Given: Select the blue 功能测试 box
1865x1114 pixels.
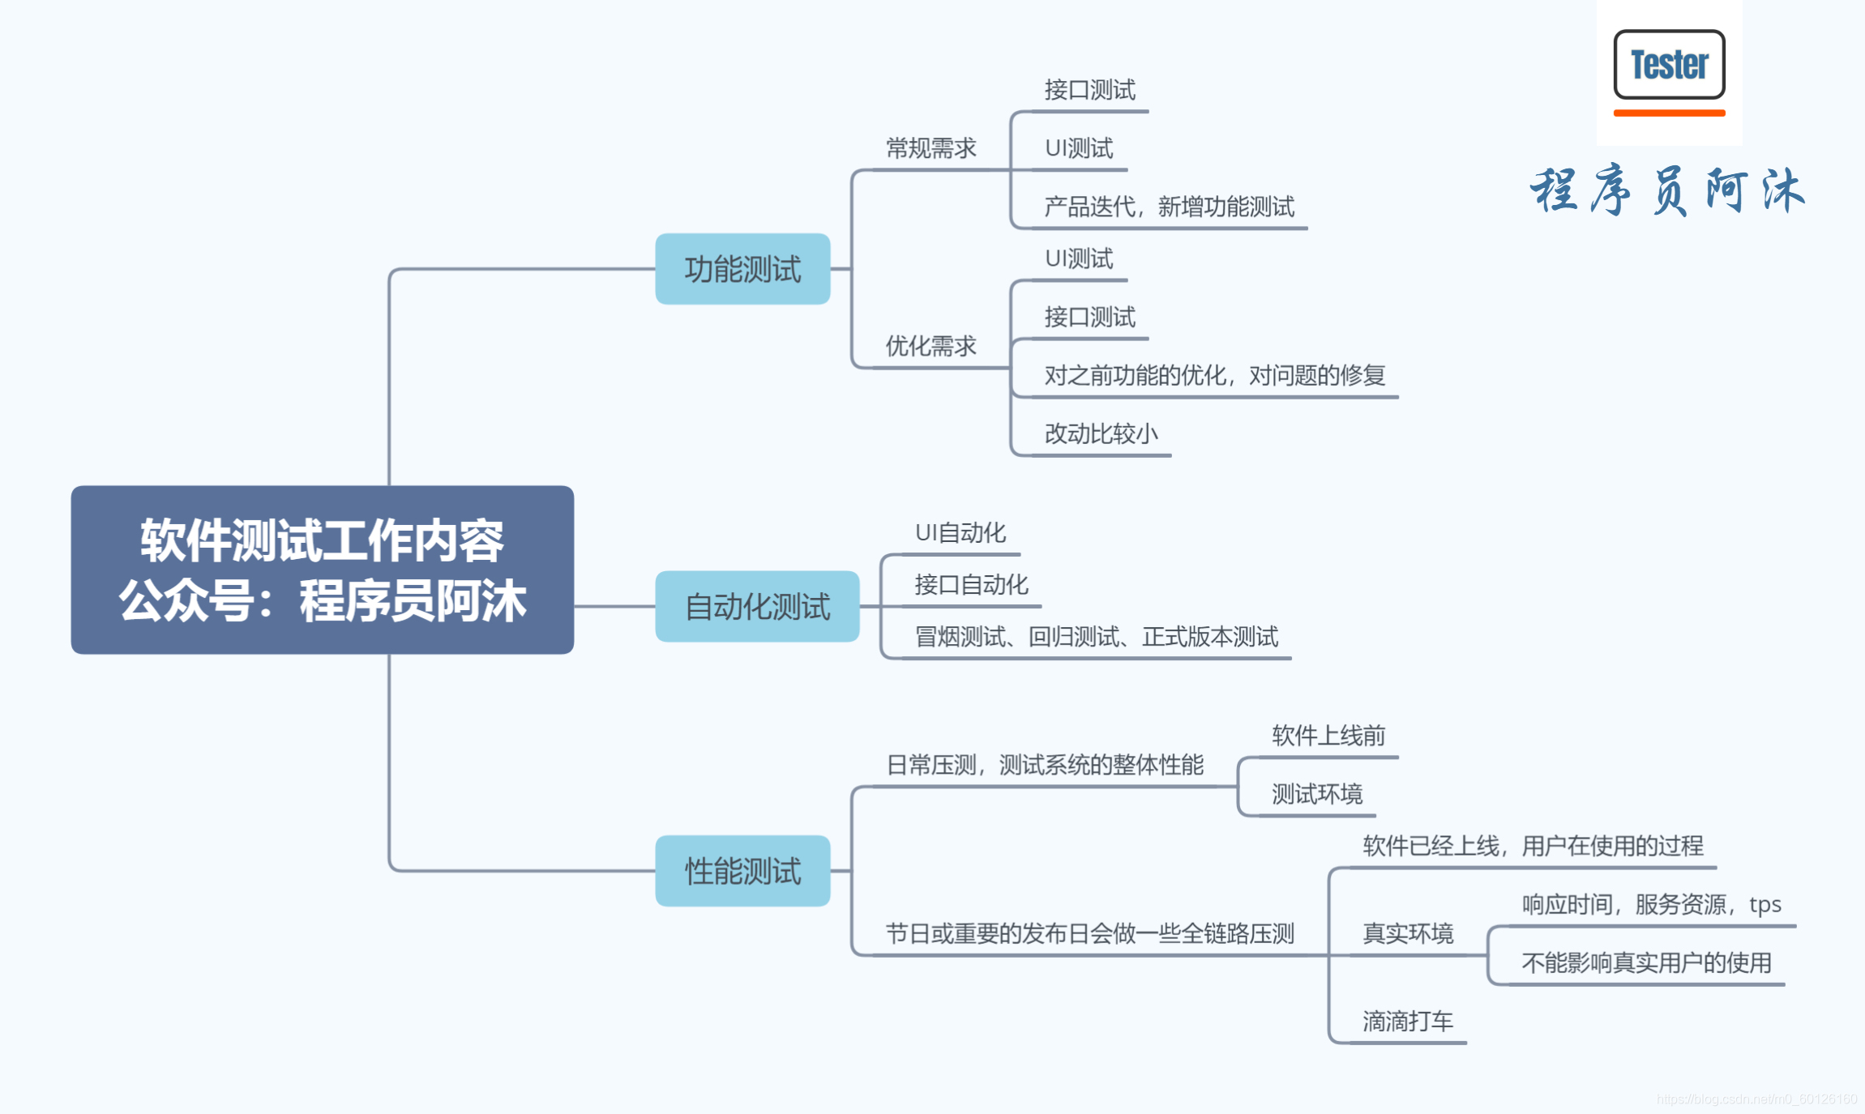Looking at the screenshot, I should point(742,269).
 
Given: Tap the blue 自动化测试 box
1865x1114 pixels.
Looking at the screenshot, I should point(757,606).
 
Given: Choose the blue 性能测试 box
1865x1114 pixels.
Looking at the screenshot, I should point(742,871).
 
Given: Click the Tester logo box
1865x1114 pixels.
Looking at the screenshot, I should point(1669,65).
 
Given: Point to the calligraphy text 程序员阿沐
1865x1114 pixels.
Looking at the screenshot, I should point(1666,191).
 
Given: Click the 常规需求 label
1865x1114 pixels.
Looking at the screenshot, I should point(930,148).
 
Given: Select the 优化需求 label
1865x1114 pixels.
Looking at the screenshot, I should point(930,346).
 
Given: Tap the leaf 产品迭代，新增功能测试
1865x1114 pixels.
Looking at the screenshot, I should point(1169,207).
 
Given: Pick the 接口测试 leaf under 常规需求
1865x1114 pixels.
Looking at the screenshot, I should point(1089,90).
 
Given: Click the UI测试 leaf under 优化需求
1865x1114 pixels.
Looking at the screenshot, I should point(1079,258).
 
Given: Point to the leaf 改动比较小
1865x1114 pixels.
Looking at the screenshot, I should point(1101,433).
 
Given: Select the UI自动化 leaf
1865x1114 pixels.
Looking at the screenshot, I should point(960,532).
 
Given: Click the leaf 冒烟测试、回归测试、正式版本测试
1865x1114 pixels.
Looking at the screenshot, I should point(1096,637).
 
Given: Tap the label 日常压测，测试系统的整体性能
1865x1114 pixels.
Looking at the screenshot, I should point(1044,764).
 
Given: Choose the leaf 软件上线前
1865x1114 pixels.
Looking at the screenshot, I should point(1328,735).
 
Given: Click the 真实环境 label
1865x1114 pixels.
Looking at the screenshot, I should point(1407,933).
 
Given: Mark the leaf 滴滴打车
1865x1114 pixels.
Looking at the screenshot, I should point(1407,1021).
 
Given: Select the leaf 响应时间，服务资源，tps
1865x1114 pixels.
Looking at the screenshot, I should point(1650,904).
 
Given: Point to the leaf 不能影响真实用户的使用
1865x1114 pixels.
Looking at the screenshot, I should point(1645,962).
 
